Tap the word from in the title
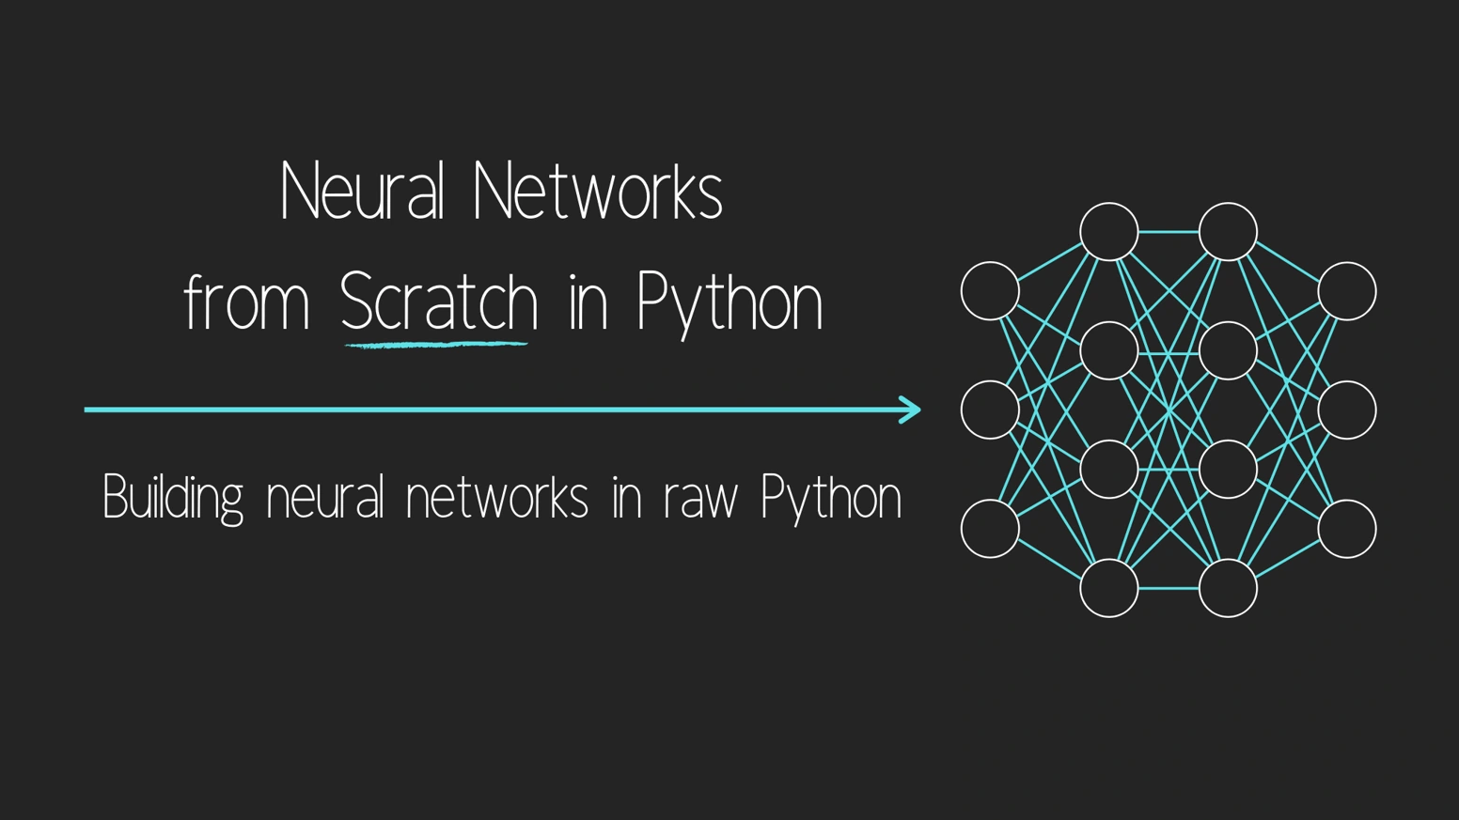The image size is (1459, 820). click(x=246, y=302)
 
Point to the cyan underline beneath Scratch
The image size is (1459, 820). click(x=436, y=345)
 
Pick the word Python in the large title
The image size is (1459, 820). click(x=729, y=302)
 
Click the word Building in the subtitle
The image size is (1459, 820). click(x=173, y=497)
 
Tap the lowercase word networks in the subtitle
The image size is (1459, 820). click(x=496, y=497)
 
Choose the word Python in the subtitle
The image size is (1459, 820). click(x=831, y=497)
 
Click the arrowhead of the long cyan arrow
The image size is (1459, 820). click(x=910, y=410)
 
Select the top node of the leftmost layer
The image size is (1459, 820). click(x=990, y=291)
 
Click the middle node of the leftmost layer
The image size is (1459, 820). click(x=990, y=410)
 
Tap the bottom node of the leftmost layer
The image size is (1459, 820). click(x=990, y=529)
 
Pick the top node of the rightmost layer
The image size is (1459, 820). click(x=1347, y=291)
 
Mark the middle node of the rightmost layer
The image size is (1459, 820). click(x=1347, y=410)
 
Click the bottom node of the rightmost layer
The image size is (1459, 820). click(x=1347, y=529)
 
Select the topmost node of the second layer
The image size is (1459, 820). click(x=1109, y=231)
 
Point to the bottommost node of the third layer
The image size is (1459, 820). click(x=1228, y=588)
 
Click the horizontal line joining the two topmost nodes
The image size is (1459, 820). click(x=1169, y=231)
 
